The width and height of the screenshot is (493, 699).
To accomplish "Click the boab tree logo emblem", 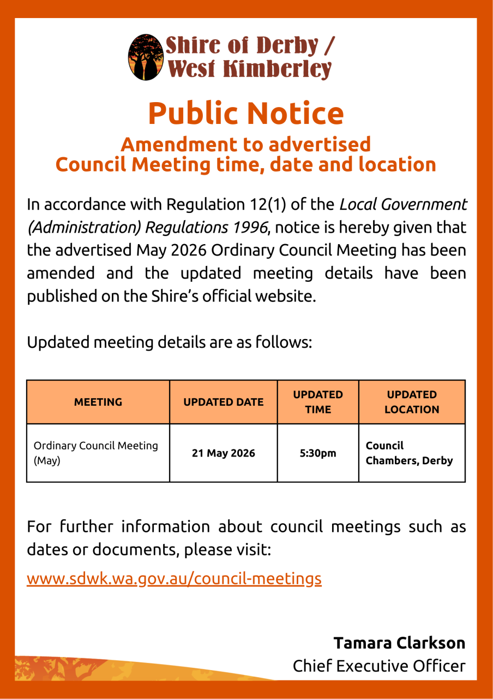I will [146, 57].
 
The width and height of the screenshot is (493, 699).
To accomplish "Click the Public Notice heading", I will [246, 113].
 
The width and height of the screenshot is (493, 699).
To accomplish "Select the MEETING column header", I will [98, 402].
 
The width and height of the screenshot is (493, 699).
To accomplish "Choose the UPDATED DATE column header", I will [224, 402].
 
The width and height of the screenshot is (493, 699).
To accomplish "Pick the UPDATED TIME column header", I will [318, 402].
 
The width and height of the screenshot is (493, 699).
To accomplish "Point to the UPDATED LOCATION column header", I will [412, 402].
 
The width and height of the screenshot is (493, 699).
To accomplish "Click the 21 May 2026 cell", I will [224, 453].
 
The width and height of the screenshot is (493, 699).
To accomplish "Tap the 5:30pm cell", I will [318, 453].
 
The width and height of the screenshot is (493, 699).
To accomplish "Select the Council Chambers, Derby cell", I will [409, 453].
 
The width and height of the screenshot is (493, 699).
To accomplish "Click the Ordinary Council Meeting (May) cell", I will [96, 453].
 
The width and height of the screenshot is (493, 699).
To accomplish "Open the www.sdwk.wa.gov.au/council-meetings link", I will [174, 578].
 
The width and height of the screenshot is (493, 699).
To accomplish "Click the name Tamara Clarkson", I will [399, 643].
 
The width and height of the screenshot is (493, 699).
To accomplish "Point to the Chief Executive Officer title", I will [379, 666].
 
